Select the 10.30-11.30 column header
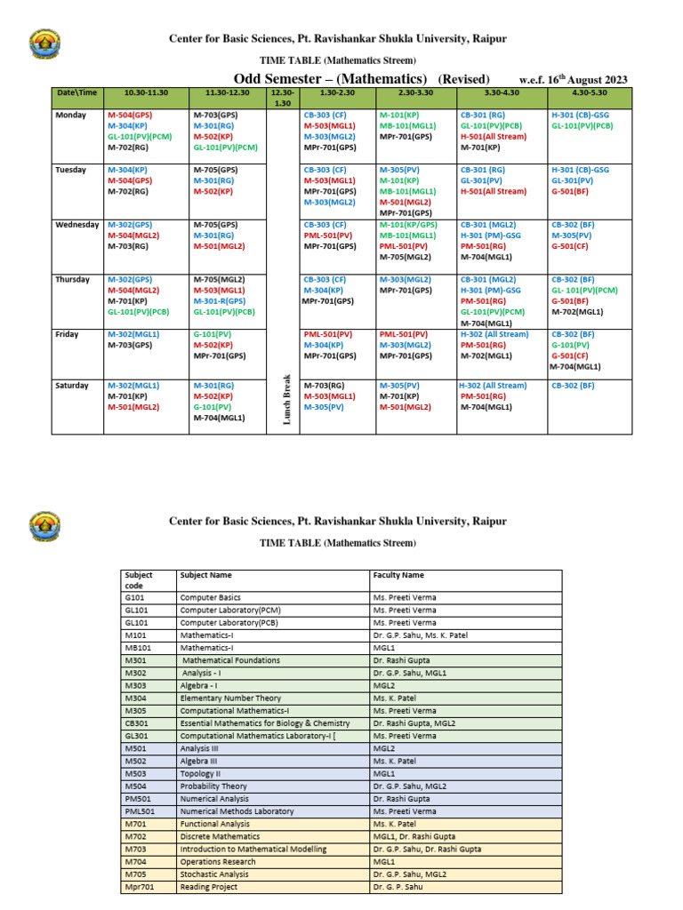[x=146, y=92]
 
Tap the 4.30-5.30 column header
[x=590, y=92]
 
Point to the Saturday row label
[x=72, y=386]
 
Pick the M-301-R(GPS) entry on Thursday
[x=221, y=301]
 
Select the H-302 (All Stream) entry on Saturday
[x=493, y=386]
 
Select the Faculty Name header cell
[x=398, y=575]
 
